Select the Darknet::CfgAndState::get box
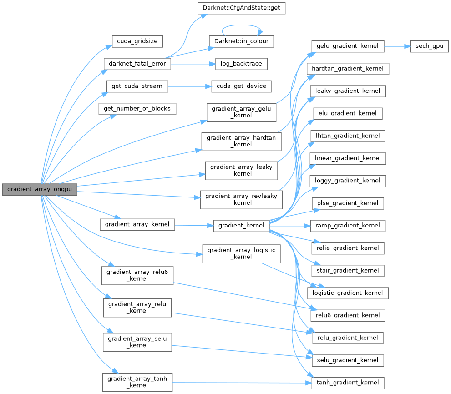[241, 8]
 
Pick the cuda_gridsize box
[137, 41]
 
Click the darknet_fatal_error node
[137, 63]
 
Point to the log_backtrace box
[241, 63]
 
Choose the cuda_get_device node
[241, 86]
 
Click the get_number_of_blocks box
[137, 108]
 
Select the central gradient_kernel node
[241, 225]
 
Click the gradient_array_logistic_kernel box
[241, 253]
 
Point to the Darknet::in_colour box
[241, 41]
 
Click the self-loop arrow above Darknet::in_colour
[241, 25]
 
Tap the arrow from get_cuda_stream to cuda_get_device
[189, 86]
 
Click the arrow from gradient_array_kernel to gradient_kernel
[194, 225]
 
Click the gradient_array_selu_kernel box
[137, 342]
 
